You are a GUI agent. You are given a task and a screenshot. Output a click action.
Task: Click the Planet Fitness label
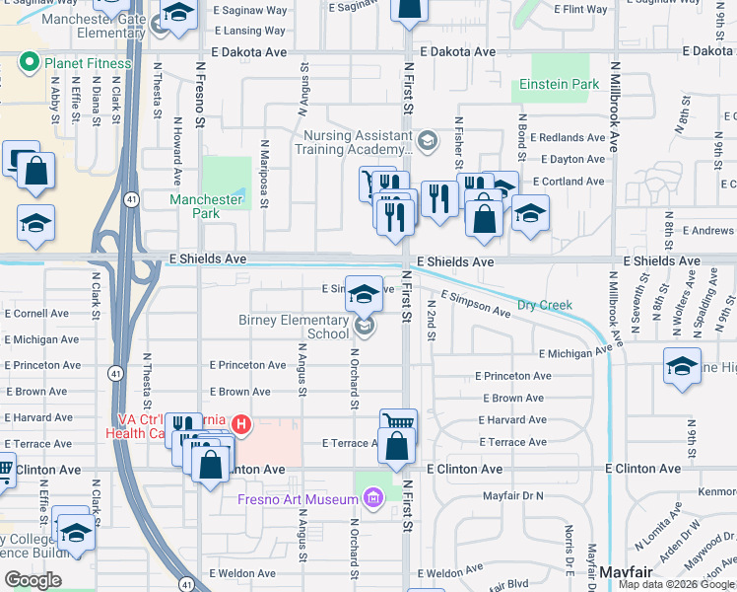pyautogui.click(x=87, y=64)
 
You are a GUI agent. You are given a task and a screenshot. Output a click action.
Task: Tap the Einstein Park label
pyautogui.click(x=560, y=85)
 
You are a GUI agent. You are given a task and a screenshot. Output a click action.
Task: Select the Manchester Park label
pyautogui.click(x=206, y=206)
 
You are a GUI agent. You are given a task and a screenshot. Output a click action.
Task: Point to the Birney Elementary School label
pyautogui.click(x=294, y=328)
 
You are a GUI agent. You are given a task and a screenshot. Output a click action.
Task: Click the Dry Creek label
pyautogui.click(x=544, y=306)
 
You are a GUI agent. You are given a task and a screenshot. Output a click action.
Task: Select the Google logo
pyautogui.click(x=33, y=580)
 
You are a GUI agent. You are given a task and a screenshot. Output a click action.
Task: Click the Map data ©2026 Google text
pyautogui.click(x=676, y=584)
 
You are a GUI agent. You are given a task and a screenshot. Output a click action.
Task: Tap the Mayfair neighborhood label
pyautogui.click(x=624, y=573)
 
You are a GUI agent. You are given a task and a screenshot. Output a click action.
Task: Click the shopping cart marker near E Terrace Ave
pyautogui.click(x=398, y=422)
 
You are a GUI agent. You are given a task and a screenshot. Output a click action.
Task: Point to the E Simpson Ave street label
pyautogui.click(x=475, y=303)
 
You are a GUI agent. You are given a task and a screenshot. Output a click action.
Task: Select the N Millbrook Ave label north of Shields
pyautogui.click(x=614, y=109)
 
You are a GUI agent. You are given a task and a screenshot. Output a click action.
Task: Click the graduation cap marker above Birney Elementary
pyautogui.click(x=364, y=293)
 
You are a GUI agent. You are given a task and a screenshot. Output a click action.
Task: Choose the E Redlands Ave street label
pyautogui.click(x=569, y=137)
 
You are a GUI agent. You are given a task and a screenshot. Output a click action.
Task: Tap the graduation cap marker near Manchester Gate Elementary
pyautogui.click(x=178, y=13)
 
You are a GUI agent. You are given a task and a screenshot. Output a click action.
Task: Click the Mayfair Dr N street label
pyautogui.click(x=512, y=496)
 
